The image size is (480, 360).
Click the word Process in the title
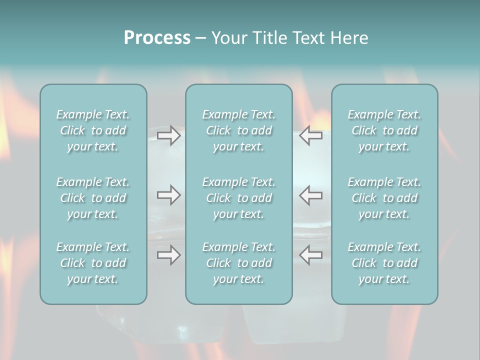point(157,38)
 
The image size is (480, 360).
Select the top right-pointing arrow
point(168,135)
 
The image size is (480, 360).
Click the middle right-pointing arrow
point(168,195)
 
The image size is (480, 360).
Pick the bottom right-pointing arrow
point(168,255)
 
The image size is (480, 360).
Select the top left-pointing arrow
point(311,135)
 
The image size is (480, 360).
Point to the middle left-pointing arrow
point(311,195)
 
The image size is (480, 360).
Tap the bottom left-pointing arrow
point(311,255)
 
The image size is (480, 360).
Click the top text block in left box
point(93,130)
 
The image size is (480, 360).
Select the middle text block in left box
point(93,198)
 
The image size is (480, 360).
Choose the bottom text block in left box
point(93,263)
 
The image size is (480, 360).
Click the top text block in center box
point(239,130)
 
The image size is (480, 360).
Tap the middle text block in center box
point(239,198)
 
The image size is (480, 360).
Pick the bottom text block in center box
point(239,263)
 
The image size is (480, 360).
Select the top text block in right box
point(384,130)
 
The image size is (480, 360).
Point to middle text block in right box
point(384,198)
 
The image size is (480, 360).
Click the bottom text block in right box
point(384,263)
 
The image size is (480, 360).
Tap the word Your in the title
point(227,38)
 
